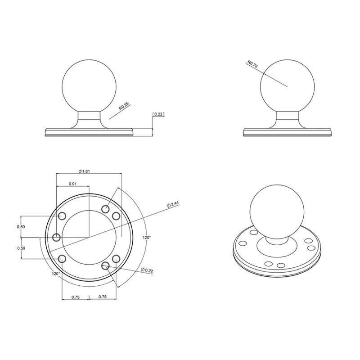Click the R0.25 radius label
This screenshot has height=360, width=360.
124,107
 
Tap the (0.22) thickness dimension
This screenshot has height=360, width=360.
159,114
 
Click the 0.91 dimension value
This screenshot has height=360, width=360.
72,184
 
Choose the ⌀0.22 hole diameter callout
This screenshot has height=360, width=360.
147,270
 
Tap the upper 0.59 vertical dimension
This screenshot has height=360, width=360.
21,226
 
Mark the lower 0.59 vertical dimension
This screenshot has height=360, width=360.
21,248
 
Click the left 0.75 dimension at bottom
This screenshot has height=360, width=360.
75,297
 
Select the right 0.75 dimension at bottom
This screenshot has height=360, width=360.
102,297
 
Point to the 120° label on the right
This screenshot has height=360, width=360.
146,237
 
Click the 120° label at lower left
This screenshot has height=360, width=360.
56,273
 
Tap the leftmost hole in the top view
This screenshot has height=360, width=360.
57,237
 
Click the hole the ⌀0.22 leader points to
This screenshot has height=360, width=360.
106,266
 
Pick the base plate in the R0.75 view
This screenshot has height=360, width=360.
288,132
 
